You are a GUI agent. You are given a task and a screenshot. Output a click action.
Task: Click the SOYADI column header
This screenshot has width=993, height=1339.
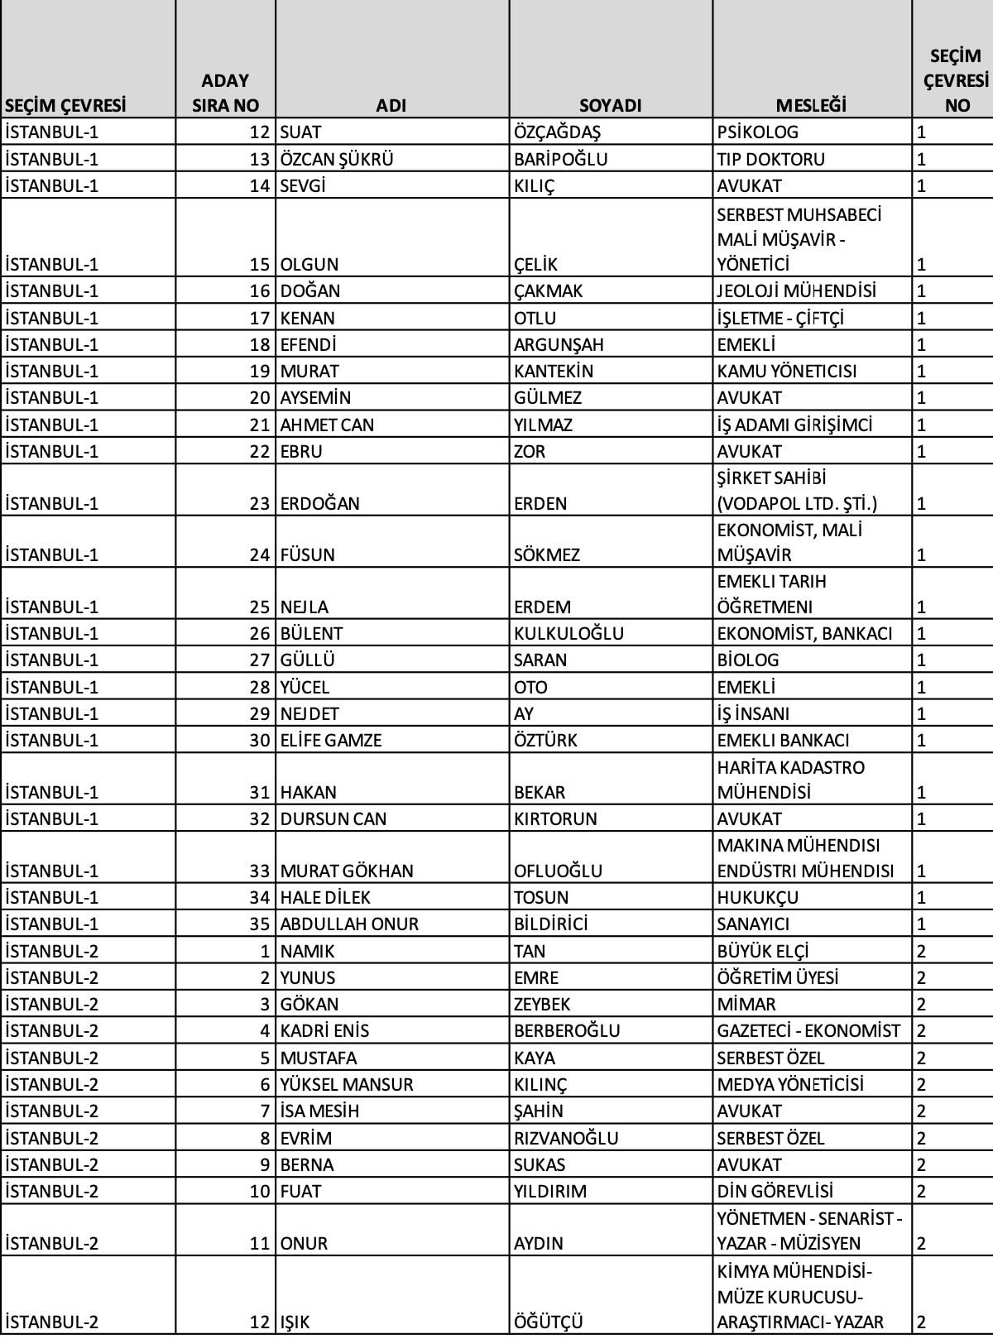(610, 106)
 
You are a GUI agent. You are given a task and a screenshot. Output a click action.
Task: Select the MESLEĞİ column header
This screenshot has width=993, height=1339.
(811, 106)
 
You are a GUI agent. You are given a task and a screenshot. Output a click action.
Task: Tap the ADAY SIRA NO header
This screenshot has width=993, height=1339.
(225, 93)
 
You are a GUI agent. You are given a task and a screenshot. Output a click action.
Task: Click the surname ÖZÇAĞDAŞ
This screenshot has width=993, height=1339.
(557, 132)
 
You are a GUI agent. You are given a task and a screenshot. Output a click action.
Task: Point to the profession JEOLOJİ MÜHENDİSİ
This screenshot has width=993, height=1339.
(796, 291)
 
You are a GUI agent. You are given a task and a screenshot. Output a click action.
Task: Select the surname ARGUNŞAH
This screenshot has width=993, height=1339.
(559, 344)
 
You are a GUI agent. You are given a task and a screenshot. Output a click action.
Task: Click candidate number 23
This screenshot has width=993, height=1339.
(260, 503)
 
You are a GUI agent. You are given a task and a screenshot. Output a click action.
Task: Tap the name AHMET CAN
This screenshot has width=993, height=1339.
(327, 425)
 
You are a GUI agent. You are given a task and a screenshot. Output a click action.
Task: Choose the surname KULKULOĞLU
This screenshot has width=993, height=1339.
(568, 633)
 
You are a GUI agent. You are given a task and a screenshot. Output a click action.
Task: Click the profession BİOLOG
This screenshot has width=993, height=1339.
(748, 660)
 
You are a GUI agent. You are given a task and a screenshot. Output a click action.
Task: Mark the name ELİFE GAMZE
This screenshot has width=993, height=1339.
(331, 740)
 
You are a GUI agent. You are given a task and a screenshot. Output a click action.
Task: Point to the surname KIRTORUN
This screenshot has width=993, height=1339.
(555, 818)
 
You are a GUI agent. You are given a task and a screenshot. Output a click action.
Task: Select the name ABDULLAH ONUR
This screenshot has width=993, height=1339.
(349, 924)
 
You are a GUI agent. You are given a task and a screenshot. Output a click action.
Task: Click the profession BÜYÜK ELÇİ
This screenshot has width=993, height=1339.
(763, 951)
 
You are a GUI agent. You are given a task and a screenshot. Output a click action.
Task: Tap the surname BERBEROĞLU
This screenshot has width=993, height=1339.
(567, 1030)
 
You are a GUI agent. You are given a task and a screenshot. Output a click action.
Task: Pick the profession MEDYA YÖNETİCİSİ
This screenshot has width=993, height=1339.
(790, 1084)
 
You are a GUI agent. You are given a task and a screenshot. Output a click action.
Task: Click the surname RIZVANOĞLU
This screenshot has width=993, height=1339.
(566, 1138)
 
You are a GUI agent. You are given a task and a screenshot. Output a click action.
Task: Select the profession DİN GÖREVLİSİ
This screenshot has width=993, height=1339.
(775, 1191)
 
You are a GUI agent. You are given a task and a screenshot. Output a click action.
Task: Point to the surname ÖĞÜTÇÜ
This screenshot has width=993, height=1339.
(548, 1322)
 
